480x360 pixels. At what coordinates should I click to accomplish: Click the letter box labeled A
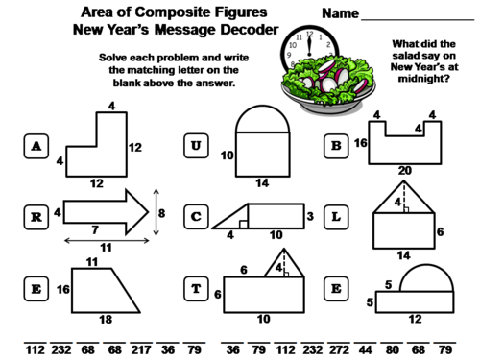36,146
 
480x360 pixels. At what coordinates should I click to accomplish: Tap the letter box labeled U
197,146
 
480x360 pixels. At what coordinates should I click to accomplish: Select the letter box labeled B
337,146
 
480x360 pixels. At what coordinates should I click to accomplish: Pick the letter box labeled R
36,217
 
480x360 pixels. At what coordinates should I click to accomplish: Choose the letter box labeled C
197,217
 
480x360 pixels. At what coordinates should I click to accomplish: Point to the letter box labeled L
337,217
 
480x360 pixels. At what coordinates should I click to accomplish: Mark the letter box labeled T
197,288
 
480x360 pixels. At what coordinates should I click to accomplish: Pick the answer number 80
392,349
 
